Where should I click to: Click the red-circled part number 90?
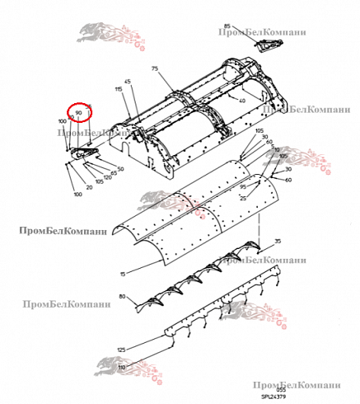coord(79,111)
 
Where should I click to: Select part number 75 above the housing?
coord(154,71)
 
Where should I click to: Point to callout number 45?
coord(128,81)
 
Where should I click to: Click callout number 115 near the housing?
coord(119,89)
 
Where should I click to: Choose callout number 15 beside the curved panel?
coord(124,273)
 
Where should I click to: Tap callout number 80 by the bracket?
coord(123,296)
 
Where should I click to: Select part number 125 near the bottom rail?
coord(123,350)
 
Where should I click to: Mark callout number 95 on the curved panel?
coord(244,187)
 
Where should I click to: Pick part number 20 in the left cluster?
coord(89,186)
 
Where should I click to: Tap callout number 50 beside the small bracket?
coord(120,169)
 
